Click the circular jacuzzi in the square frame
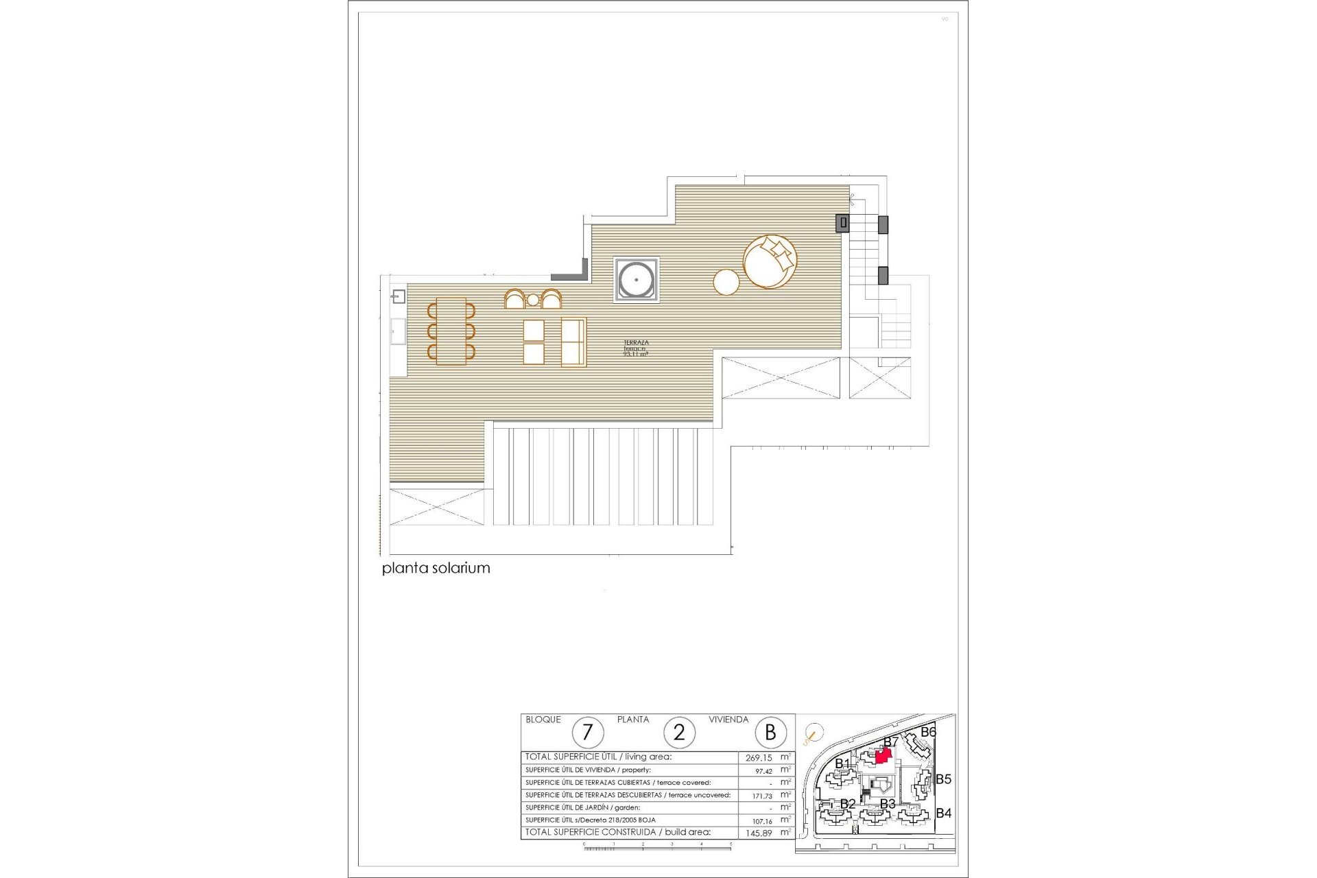[637, 280]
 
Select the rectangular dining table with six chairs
[451, 331]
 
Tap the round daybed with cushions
[770, 261]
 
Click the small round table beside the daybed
[726, 282]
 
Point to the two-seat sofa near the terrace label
[573, 342]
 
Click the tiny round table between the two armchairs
[533, 300]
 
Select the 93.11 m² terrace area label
[635, 348]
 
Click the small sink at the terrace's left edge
[398, 296]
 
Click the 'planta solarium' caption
[436, 568]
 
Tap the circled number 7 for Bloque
[587, 733]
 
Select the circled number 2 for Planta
[679, 733]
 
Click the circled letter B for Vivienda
[770, 733]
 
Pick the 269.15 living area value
[759, 758]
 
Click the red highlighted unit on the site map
[883, 755]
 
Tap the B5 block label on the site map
[943, 779]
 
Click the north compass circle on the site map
[814, 733]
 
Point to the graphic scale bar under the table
[657, 848]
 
